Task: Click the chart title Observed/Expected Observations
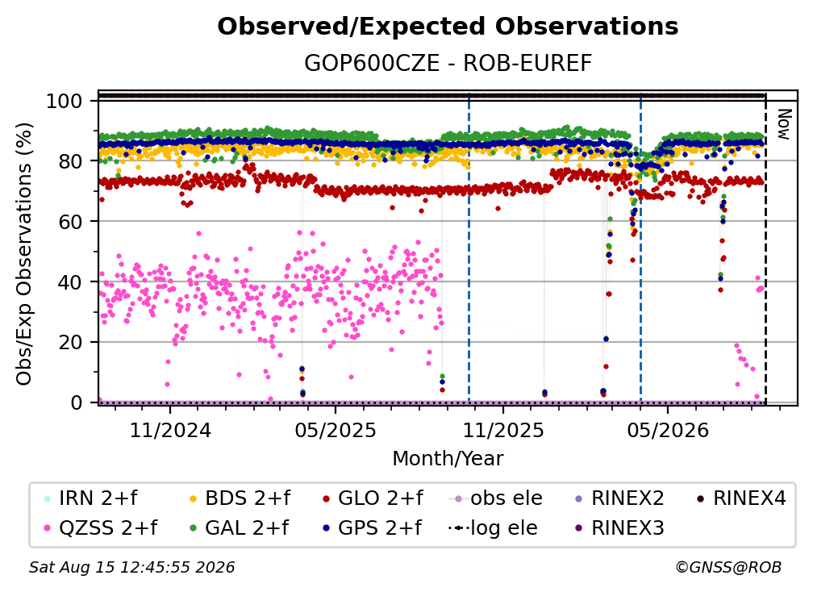[448, 27]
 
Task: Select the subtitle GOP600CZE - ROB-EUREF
[448, 63]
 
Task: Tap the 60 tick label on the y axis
[70, 222]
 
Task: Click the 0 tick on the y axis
[76, 402]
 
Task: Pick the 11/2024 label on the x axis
[170, 430]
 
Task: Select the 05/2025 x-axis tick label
[336, 430]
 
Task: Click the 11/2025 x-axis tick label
[503, 430]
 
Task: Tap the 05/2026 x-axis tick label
[668, 430]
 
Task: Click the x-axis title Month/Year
[448, 459]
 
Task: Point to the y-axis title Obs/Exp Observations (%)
[24, 253]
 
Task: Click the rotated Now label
[784, 124]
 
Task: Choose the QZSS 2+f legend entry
[101, 527]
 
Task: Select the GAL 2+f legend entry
[239, 527]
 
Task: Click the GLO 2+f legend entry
[373, 498]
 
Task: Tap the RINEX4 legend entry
[740, 498]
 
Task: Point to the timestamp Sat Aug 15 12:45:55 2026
[131, 567]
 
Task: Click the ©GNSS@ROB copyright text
[728, 567]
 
